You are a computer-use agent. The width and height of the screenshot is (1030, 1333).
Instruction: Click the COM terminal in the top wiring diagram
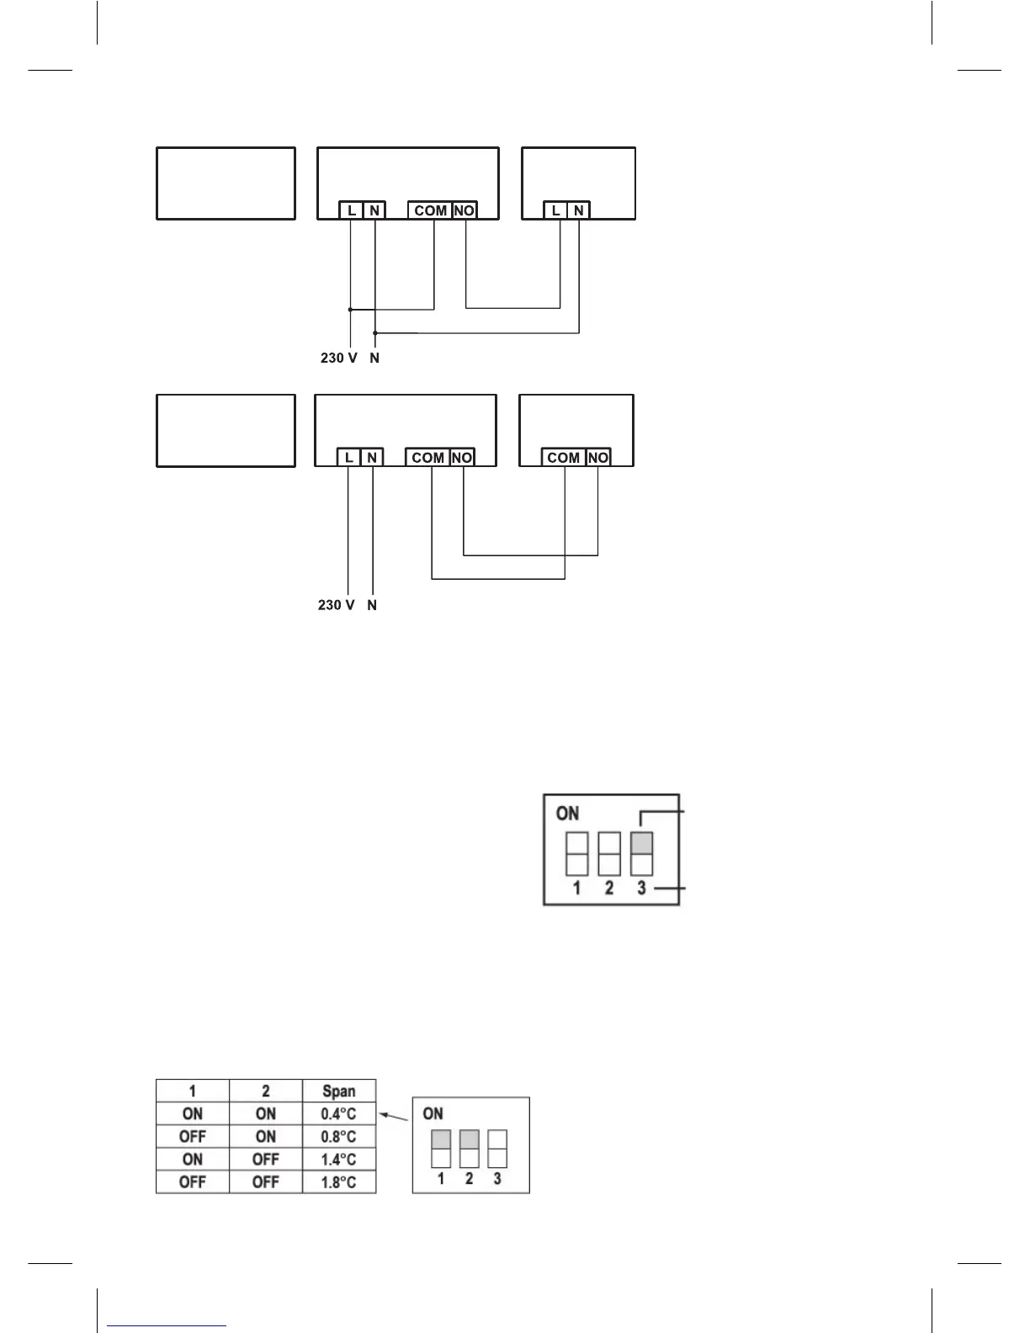(430, 210)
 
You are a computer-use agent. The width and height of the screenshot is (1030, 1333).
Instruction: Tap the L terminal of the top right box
(555, 210)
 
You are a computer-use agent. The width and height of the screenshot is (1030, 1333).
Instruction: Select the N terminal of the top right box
(579, 210)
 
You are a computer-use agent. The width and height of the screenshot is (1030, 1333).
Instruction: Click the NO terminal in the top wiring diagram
(465, 210)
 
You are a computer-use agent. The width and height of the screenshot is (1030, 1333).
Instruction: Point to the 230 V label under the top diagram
(338, 358)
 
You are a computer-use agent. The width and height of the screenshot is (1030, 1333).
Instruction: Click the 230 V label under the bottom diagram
(336, 605)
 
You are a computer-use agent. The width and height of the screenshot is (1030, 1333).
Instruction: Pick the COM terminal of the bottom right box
(563, 458)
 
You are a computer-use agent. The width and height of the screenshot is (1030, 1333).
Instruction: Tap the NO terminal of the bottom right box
(597, 458)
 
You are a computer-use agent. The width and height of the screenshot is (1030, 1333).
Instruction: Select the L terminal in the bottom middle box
(348, 458)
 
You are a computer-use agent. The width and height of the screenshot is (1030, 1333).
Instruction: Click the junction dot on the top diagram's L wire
(350, 309)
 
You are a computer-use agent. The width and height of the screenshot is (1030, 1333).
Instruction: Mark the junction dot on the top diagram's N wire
(375, 332)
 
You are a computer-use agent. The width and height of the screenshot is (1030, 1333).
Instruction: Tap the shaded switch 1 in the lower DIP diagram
(441, 1140)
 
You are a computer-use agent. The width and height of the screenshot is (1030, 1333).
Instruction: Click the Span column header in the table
(339, 1091)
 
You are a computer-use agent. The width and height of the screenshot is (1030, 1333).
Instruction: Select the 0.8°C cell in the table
(339, 1137)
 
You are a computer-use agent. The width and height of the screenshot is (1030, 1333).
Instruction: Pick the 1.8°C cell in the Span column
(339, 1182)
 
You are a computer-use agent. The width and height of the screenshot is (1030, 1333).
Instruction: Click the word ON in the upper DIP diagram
(568, 813)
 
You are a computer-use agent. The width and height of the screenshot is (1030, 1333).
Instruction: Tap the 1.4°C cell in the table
(339, 1160)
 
